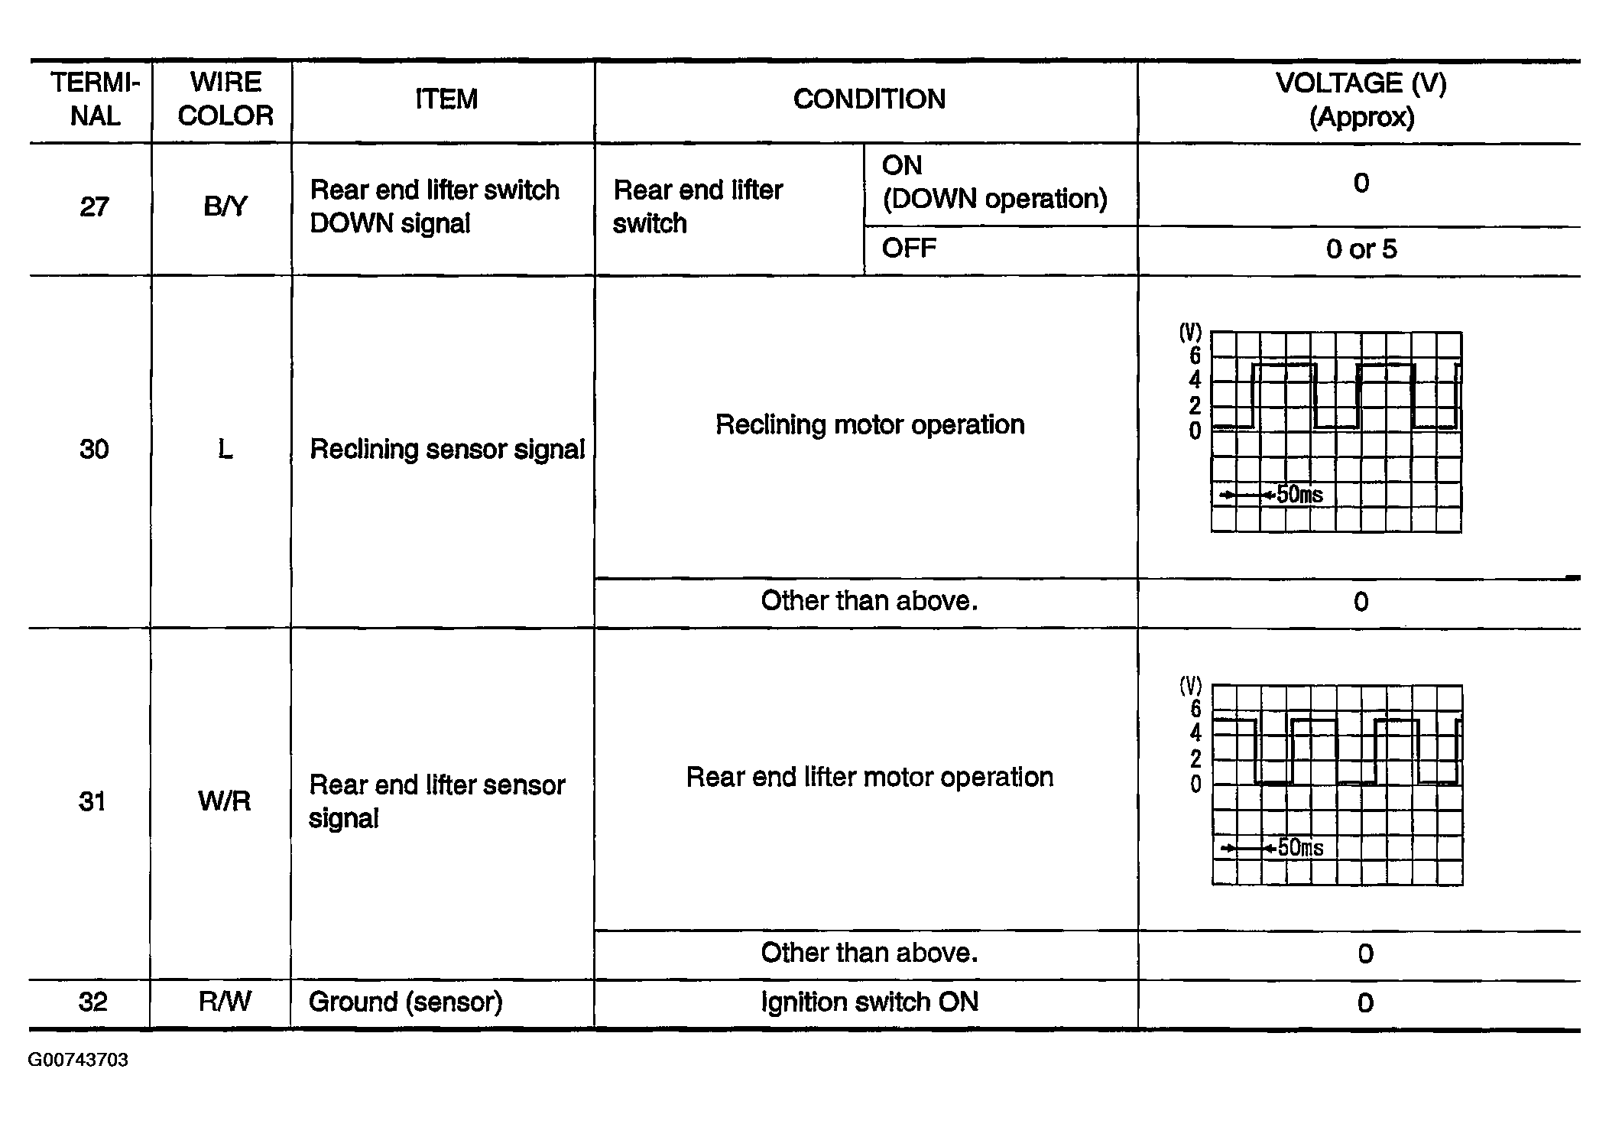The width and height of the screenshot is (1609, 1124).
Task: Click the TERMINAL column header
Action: click(x=95, y=99)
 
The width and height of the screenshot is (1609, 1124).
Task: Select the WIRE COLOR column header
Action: click(x=225, y=99)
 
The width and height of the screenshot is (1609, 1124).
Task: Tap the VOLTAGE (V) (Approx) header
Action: click(x=1361, y=99)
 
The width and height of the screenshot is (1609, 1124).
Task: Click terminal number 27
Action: click(x=95, y=207)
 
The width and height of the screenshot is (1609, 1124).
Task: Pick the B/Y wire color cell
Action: click(x=225, y=207)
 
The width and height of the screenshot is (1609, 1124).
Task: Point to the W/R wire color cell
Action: click(x=224, y=801)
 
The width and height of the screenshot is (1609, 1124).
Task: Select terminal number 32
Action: click(x=92, y=1002)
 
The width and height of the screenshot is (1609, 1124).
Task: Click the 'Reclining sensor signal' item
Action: click(x=447, y=449)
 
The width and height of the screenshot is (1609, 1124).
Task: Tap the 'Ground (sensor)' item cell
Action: click(x=405, y=1002)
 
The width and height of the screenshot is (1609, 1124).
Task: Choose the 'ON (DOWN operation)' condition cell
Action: click(x=994, y=182)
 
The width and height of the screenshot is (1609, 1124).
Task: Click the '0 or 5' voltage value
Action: click(x=1361, y=249)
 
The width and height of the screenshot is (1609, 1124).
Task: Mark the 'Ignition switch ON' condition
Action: click(x=869, y=1002)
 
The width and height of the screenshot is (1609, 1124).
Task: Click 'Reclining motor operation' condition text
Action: click(x=869, y=424)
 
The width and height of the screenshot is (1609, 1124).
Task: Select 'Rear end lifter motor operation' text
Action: click(x=869, y=777)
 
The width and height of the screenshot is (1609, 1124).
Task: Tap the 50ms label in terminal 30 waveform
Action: click(x=1299, y=495)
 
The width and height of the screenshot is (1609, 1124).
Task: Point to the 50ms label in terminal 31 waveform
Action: click(x=1300, y=848)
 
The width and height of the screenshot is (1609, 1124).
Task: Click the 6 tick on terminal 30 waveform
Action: click(x=1195, y=356)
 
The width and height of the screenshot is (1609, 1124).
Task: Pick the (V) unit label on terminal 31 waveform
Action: click(x=1191, y=685)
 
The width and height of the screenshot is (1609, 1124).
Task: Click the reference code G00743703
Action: click(x=78, y=1061)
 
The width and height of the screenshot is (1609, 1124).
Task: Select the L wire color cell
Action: click(x=225, y=449)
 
